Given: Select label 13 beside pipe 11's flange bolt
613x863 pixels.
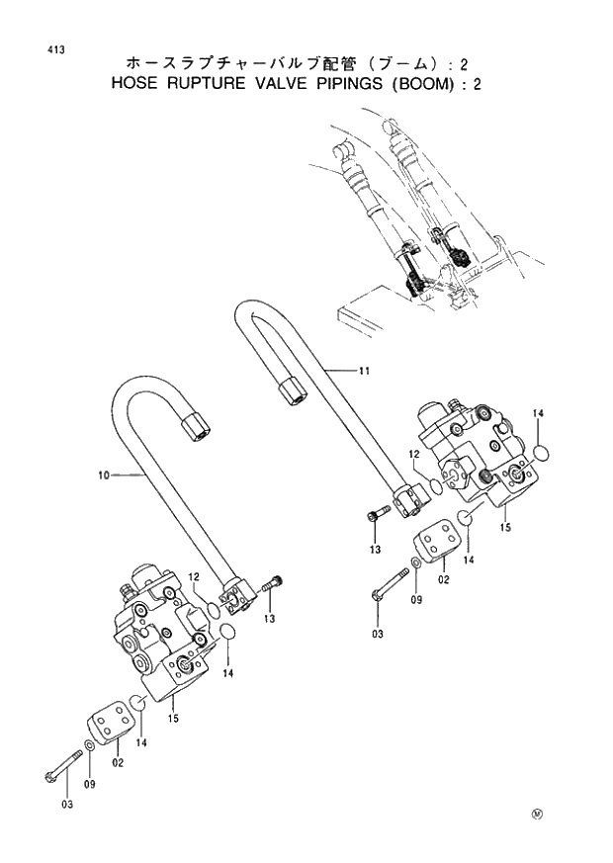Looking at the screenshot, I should (375, 549).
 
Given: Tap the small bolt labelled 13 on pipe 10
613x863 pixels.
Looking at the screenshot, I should (273, 586).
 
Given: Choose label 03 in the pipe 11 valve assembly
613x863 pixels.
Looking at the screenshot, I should (377, 634).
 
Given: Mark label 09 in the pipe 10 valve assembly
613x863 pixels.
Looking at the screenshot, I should (92, 785).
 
